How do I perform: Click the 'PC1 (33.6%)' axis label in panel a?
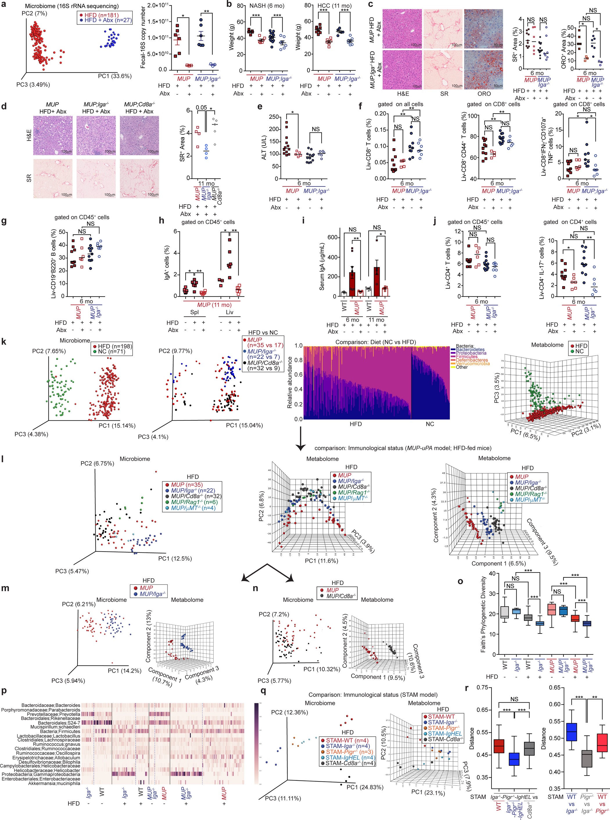tap(114, 76)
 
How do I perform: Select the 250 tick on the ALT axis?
tap(274, 117)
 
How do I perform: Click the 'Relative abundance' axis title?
tap(290, 382)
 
